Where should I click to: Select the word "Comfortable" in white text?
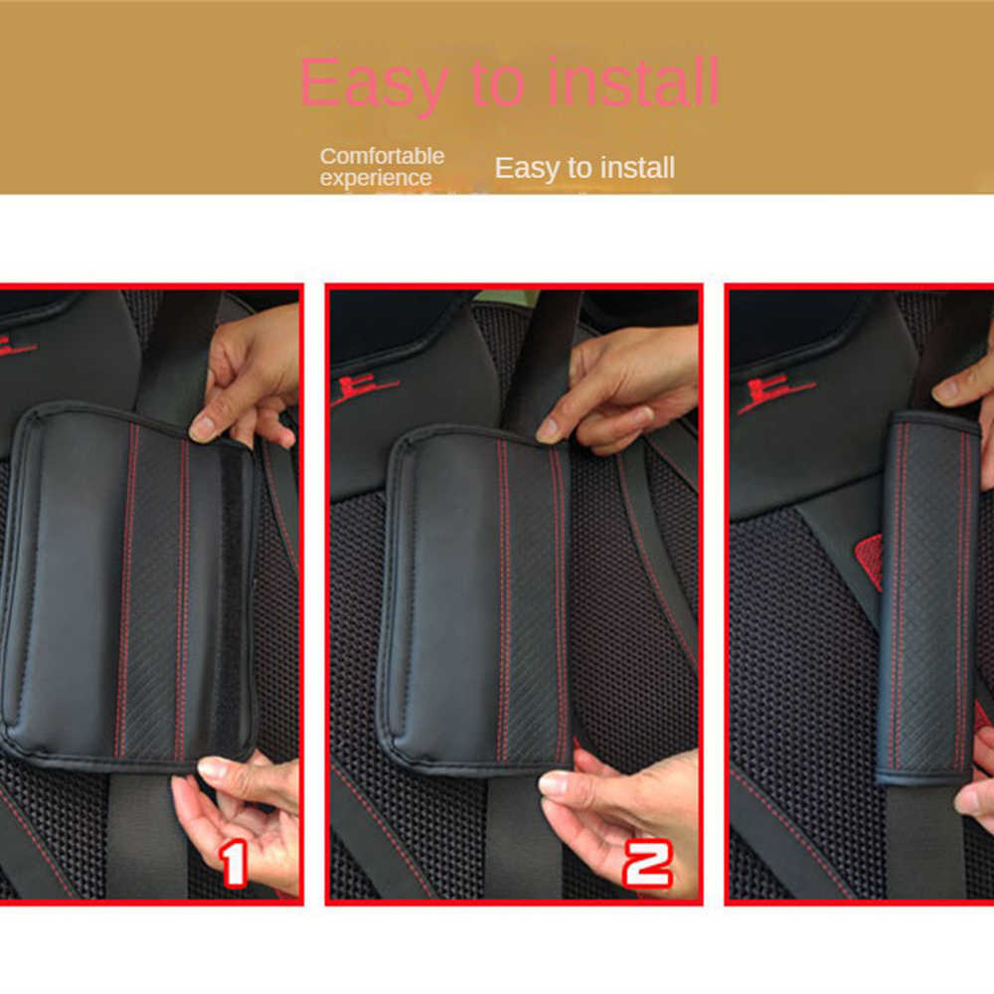pyautogui.click(x=382, y=156)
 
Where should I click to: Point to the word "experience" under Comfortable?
pyautogui.click(x=376, y=179)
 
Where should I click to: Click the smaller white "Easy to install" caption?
pyautogui.click(x=584, y=168)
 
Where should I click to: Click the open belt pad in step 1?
pyautogui.click(x=129, y=586)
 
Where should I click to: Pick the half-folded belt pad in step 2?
pyautogui.click(x=477, y=596)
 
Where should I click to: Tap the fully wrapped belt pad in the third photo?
pyautogui.click(x=926, y=596)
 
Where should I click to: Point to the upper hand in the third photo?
pyautogui.click(x=969, y=383)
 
